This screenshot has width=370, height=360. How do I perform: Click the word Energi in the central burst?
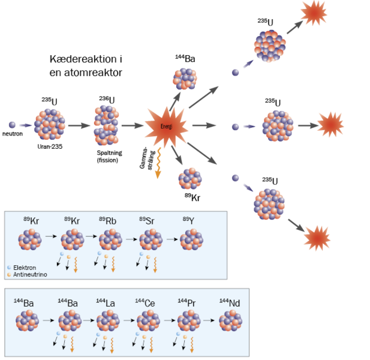166,126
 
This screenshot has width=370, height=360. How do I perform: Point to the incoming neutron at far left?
12,125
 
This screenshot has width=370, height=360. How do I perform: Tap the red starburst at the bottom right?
317,238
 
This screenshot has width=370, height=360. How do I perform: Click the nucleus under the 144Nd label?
230,321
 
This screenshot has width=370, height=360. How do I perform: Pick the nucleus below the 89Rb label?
110,239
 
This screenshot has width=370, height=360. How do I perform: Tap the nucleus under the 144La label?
109,321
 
